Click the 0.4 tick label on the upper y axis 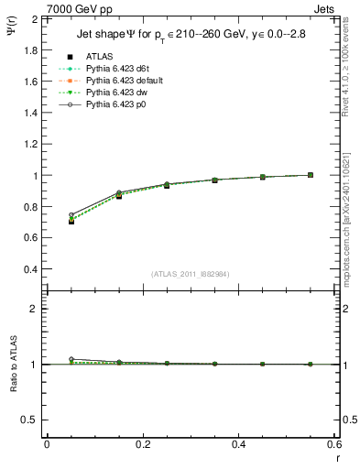pos(29,269)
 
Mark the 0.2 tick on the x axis pos(143,443)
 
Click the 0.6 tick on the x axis pos(334,443)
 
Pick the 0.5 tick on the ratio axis pos(29,420)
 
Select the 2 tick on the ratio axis pos(33,309)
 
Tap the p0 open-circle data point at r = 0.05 pos(71,215)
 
